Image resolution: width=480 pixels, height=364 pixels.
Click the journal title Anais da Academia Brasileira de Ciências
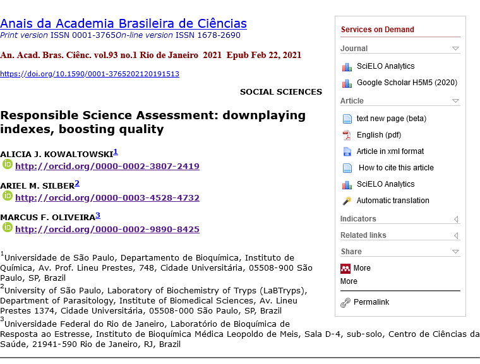(123, 23)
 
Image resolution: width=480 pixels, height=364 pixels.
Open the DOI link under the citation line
(90, 74)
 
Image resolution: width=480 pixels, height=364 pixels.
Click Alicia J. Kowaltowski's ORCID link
(107, 167)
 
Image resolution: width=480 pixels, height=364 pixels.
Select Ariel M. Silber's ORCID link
(107, 197)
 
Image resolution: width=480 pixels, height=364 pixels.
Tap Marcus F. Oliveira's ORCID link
(107, 229)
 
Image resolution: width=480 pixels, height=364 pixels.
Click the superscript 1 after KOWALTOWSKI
(116, 152)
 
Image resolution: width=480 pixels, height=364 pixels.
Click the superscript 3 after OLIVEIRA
(98, 215)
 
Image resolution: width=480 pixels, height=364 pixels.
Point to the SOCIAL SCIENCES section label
(280, 91)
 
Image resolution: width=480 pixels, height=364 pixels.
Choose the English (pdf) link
(378, 135)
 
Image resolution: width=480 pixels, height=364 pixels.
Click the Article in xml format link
(390, 151)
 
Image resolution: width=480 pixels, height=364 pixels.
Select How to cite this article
(396, 168)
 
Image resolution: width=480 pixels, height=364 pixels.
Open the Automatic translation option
(392, 201)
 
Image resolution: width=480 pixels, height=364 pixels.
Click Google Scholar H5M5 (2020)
(407, 83)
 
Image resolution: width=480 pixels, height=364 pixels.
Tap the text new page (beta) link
(391, 119)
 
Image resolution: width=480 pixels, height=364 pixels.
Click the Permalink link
(371, 302)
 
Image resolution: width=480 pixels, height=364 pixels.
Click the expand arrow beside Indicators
(455, 220)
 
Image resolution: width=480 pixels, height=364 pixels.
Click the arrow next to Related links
(455, 236)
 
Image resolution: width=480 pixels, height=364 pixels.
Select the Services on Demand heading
(377, 30)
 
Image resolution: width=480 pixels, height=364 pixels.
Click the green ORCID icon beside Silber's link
(8, 196)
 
